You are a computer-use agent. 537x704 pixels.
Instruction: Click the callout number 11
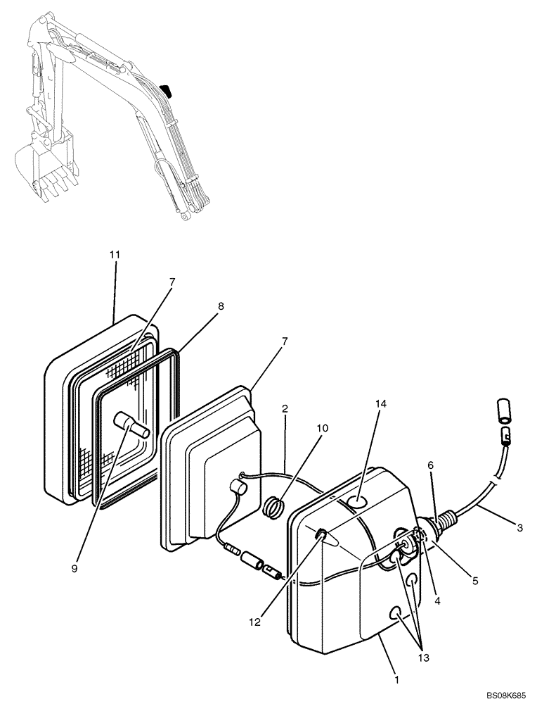[115, 254]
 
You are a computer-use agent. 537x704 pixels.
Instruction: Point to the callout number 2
[284, 408]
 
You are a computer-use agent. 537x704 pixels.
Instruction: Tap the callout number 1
[396, 680]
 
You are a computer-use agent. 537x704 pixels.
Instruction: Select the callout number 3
[520, 527]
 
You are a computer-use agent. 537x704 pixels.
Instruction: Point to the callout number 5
[474, 582]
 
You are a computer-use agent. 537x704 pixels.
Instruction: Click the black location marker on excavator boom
[165, 90]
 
